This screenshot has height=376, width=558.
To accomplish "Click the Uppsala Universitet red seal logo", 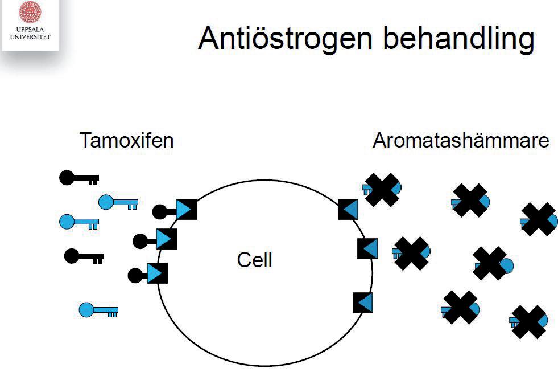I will (31, 12).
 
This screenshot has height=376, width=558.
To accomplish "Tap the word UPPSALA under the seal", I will (30, 29).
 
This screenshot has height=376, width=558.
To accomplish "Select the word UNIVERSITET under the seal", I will (30, 37).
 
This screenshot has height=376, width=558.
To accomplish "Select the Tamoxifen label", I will (126, 140).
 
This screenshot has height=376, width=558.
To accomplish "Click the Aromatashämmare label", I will (461, 140).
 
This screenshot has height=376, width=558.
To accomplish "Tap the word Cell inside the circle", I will (254, 260).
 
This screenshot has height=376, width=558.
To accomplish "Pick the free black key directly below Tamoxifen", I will (79, 178).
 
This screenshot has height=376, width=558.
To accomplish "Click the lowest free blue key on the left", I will (98, 310).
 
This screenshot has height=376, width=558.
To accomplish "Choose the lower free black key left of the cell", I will (84, 256).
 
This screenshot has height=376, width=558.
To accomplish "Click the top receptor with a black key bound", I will (186, 209).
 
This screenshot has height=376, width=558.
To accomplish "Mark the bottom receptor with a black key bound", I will (156, 273).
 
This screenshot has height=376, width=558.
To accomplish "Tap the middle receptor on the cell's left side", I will (166, 239).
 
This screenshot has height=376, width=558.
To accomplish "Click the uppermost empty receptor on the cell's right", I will (348, 209).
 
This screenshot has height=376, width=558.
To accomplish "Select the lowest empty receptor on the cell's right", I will (362, 302).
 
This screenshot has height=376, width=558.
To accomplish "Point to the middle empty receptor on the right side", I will (367, 248).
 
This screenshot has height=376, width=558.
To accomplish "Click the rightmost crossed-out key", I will (539, 219).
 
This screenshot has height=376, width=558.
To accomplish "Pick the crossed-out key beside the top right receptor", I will (382, 189).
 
